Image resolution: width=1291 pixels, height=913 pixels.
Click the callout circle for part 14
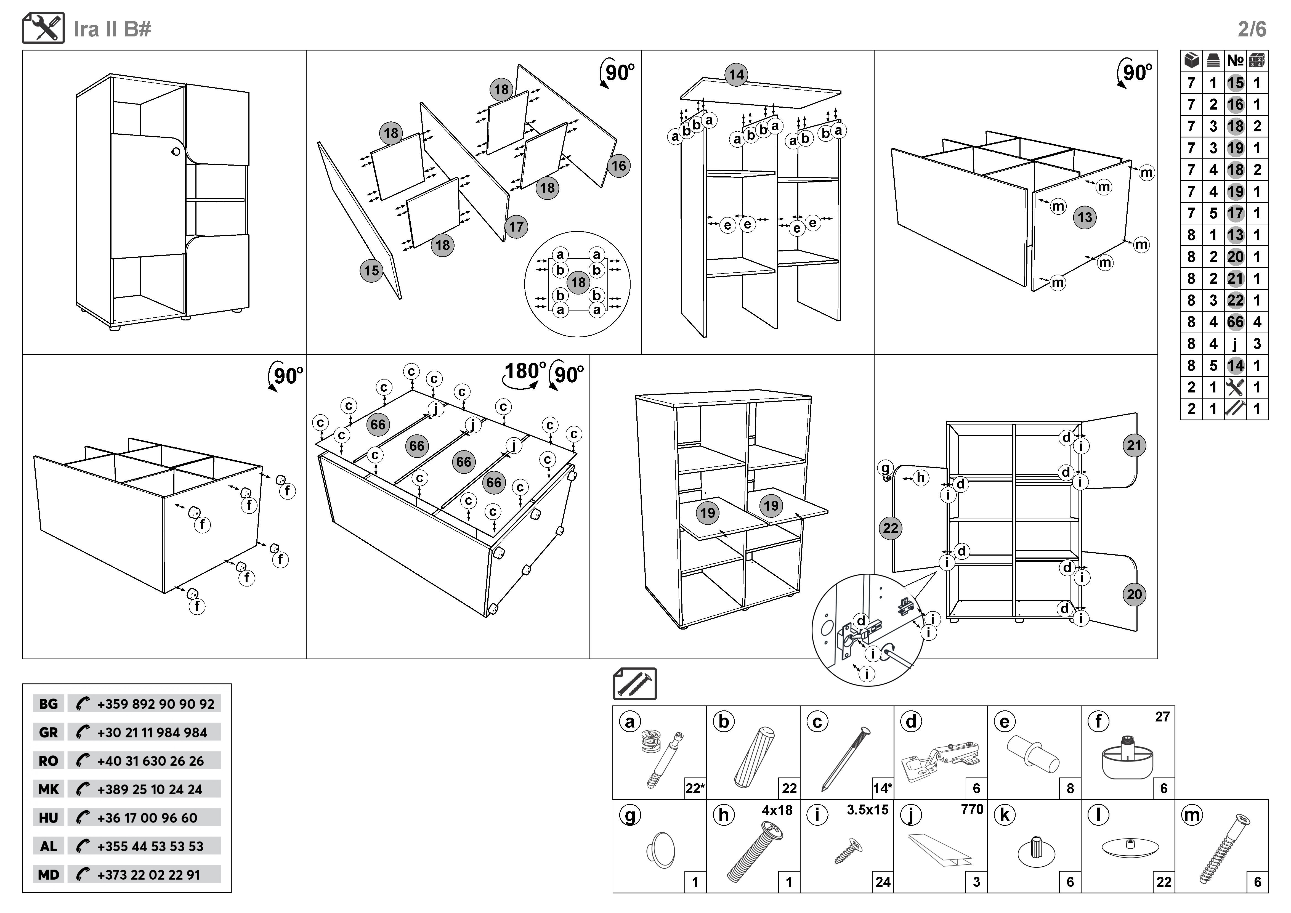736,75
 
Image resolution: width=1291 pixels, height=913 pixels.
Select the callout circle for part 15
371,271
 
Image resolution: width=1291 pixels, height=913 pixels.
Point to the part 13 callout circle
1085,217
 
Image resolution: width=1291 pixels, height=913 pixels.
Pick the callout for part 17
516,227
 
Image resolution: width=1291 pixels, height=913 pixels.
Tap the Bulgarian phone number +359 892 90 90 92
155,704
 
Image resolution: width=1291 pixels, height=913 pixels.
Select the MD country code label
48,875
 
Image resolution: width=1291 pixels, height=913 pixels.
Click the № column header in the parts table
1235,61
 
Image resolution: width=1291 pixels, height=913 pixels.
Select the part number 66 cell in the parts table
1235,322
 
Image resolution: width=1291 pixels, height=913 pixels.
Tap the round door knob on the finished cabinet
176,152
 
